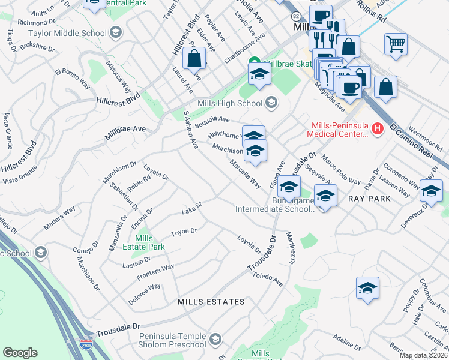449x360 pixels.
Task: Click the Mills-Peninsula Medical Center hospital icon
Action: (x=377, y=128)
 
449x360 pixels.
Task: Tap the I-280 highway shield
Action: (x=87, y=345)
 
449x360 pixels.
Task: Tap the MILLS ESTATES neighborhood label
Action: (x=211, y=301)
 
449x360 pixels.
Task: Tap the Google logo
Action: (x=20, y=353)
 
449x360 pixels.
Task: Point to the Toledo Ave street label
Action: (x=268, y=277)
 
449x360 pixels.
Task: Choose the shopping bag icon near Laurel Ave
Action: (x=194, y=59)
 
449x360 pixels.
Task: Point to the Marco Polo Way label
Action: (x=340, y=172)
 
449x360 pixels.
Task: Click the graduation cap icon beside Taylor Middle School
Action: (x=116, y=32)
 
